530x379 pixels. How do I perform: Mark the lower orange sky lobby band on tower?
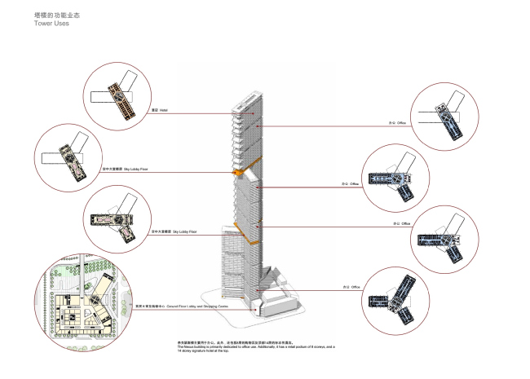tap(241, 224)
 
